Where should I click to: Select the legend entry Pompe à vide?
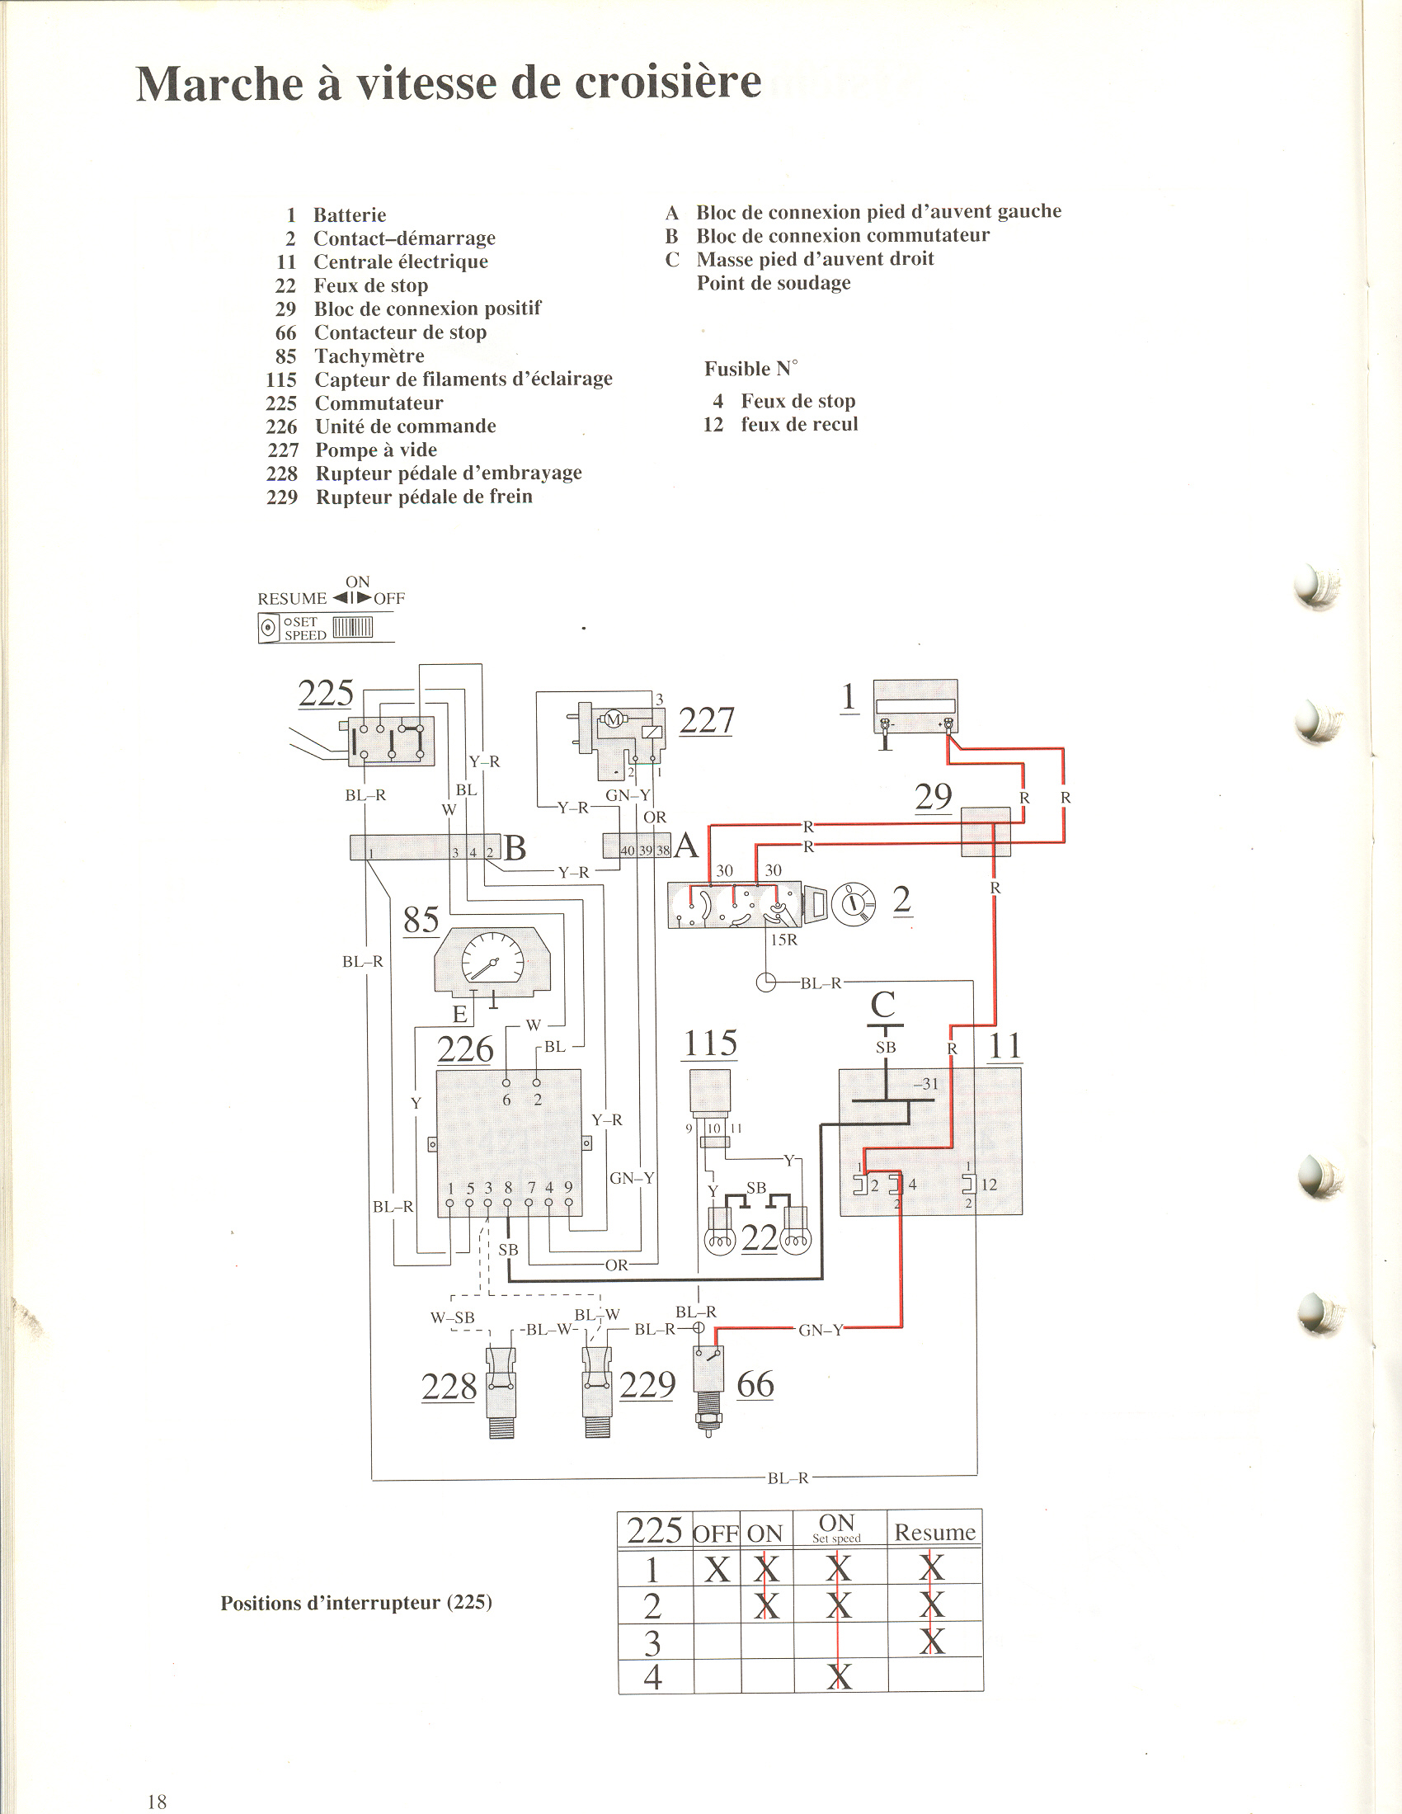click(x=375, y=450)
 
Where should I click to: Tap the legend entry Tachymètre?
click(x=369, y=356)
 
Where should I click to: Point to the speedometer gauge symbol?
click(x=492, y=961)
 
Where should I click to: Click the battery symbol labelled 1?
click(x=915, y=707)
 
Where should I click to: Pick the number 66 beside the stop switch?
click(x=755, y=1384)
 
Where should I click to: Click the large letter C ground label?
click(x=882, y=1005)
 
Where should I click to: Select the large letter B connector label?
click(x=515, y=848)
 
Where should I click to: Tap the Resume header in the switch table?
click(x=934, y=1532)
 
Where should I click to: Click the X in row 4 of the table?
click(x=839, y=1677)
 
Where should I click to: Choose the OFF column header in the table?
click(x=716, y=1534)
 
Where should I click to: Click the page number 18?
click(x=157, y=1801)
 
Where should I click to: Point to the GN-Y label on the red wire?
click(x=821, y=1330)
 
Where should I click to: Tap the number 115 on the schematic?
click(x=709, y=1044)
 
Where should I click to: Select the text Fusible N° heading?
click(x=750, y=368)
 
